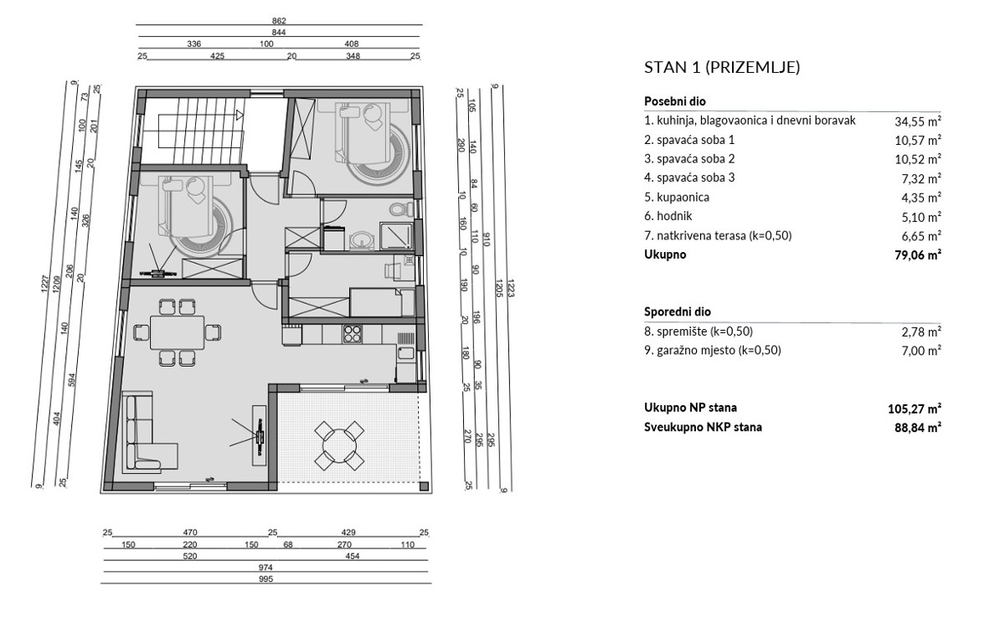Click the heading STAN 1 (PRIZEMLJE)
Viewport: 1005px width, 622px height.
click(x=721, y=68)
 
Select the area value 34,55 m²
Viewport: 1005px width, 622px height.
click(x=917, y=121)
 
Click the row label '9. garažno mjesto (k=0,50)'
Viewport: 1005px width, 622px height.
click(x=712, y=351)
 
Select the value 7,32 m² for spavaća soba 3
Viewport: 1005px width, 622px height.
click(x=919, y=178)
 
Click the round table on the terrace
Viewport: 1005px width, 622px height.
click(x=338, y=445)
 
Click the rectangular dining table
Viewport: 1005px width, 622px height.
click(x=178, y=332)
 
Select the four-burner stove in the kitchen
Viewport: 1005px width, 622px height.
click(x=352, y=333)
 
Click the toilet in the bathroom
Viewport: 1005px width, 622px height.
click(x=397, y=209)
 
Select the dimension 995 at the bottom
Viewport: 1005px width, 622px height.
click(x=265, y=579)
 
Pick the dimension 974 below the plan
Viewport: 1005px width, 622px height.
click(x=265, y=568)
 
